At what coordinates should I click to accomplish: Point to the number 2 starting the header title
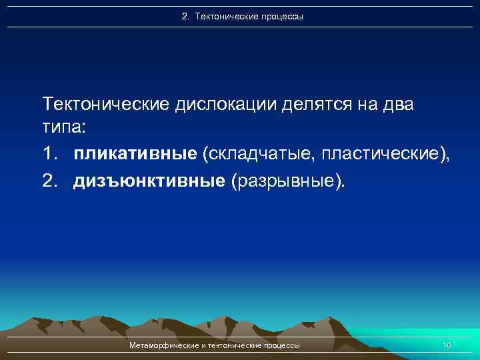[x=185, y=16]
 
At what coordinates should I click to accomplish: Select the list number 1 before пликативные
[x=49, y=155]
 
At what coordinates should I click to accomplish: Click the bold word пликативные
[x=136, y=155]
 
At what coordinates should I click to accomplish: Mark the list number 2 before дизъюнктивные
[x=49, y=181]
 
